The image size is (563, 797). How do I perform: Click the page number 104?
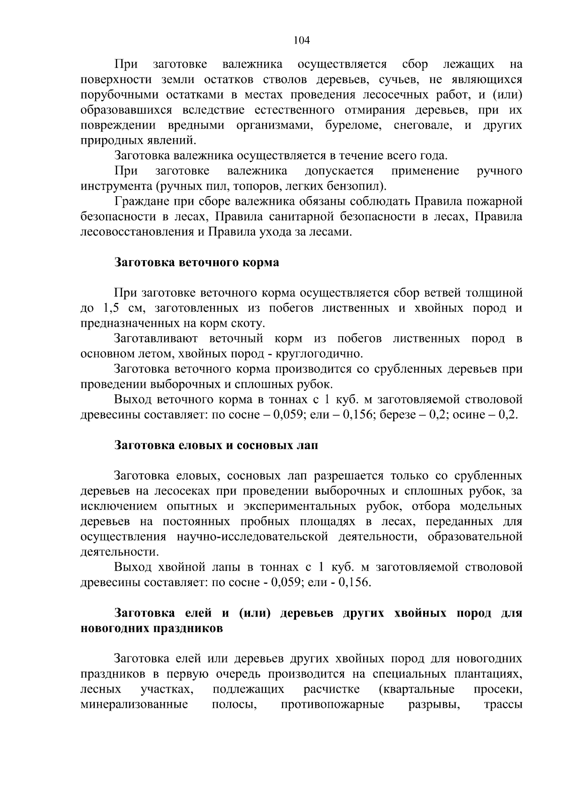(x=302, y=40)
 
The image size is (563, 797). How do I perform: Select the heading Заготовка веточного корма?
(x=197, y=263)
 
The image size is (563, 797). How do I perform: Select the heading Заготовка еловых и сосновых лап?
(x=217, y=445)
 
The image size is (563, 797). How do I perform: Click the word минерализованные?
(x=134, y=704)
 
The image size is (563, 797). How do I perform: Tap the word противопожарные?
(x=332, y=704)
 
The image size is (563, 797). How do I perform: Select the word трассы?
(x=502, y=704)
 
